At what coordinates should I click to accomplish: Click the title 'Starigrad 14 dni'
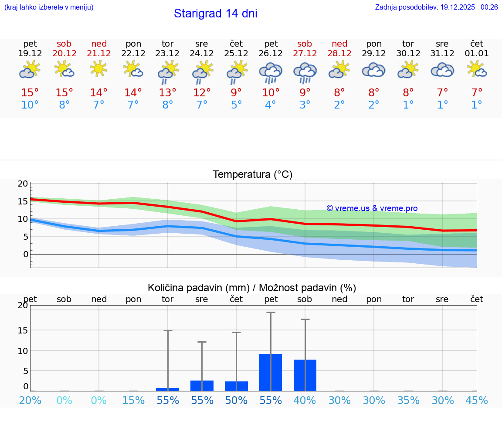coord(215,14)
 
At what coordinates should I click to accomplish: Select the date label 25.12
coord(236,54)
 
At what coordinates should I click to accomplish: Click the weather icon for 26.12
coord(271,72)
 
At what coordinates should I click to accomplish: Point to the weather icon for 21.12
coord(99,69)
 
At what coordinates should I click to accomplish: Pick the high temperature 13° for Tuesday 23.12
coord(167,92)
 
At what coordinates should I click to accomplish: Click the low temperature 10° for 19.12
coord(30,105)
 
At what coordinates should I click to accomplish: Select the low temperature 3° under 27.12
coord(305,105)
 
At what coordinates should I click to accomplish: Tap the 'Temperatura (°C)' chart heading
coord(252,175)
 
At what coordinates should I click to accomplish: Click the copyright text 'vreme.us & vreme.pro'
coord(372,208)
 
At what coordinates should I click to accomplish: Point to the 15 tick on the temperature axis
coord(23,201)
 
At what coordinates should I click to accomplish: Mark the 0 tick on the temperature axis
coord(26,254)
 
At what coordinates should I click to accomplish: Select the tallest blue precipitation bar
coord(271,372)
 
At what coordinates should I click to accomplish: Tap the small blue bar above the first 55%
coord(167,389)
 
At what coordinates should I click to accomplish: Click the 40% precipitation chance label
coord(305,401)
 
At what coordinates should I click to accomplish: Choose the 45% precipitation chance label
coord(477,401)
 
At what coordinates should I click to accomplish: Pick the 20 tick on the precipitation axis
coord(23,306)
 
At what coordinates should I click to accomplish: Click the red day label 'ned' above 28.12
coord(339,44)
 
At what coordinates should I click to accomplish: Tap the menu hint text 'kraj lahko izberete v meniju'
coord(49,7)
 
